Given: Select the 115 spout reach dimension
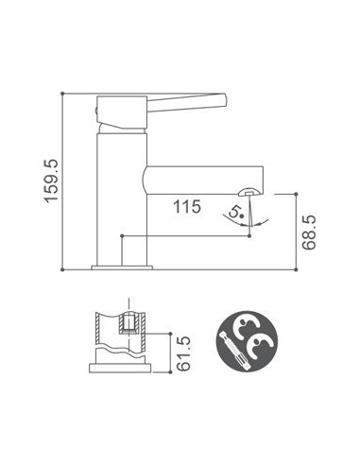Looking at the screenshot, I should (185, 207).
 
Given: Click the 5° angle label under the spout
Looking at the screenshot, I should (236, 215).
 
